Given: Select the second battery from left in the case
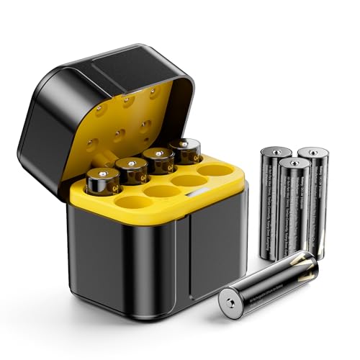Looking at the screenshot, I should (x=132, y=171).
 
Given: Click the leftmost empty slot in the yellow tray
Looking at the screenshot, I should (x=131, y=202).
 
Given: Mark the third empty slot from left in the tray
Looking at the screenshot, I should (x=189, y=181).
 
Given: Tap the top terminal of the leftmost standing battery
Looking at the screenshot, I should (x=276, y=153).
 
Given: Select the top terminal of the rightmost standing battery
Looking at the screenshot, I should (x=313, y=153).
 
